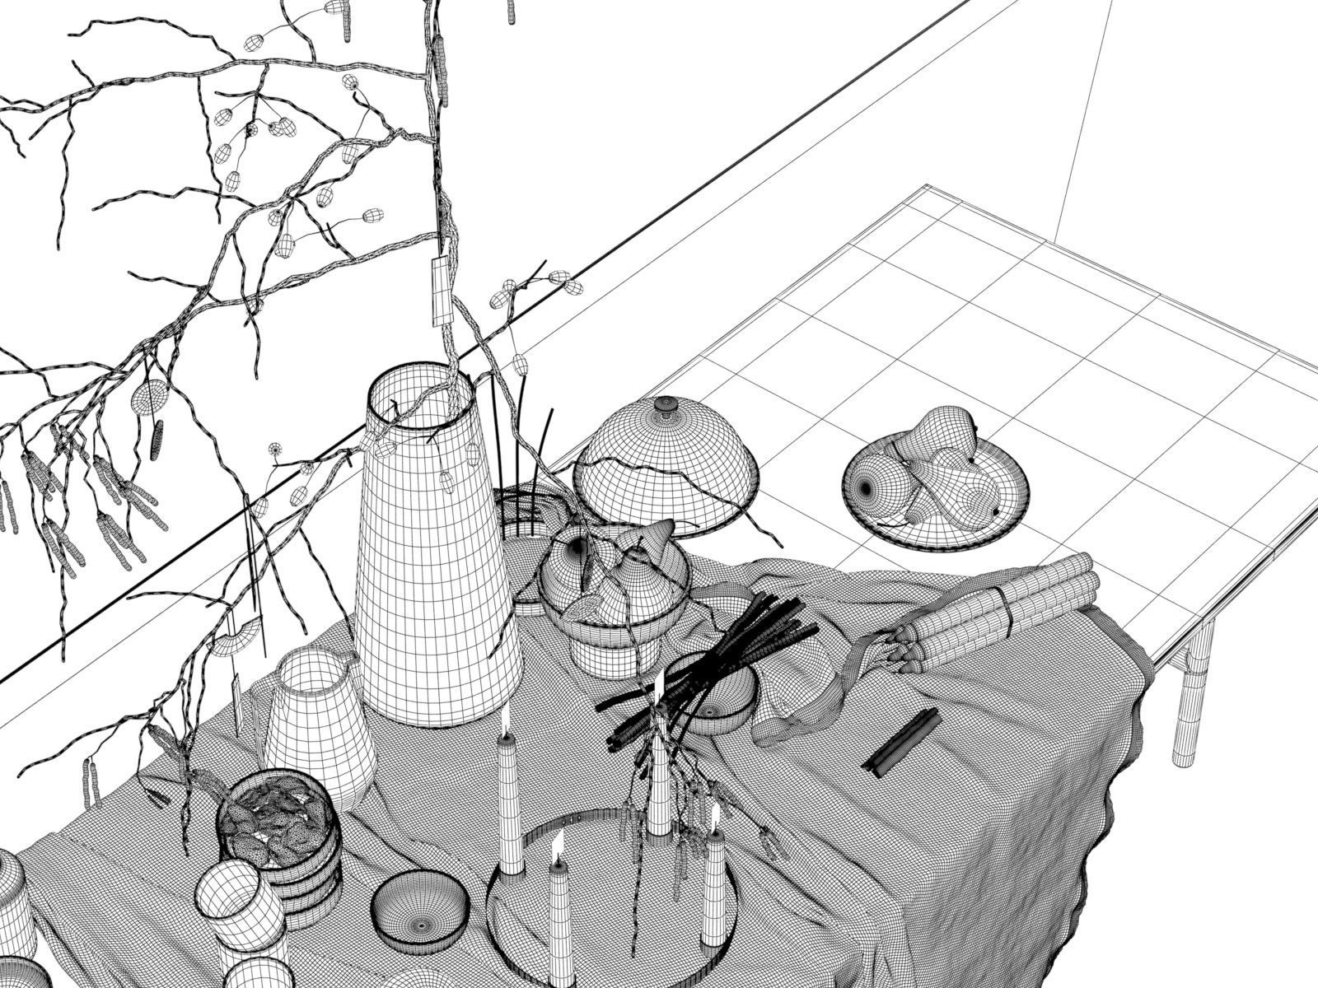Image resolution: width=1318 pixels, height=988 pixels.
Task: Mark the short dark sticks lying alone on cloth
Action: pos(901,741)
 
